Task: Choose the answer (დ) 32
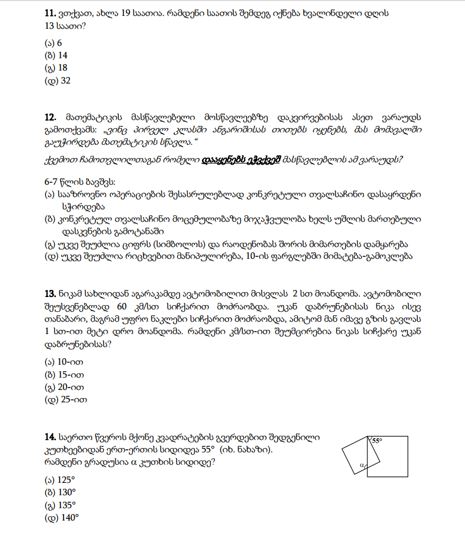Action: coord(57,81)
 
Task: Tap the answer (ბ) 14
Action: coord(56,56)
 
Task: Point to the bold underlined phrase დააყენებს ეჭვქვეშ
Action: coord(241,159)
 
